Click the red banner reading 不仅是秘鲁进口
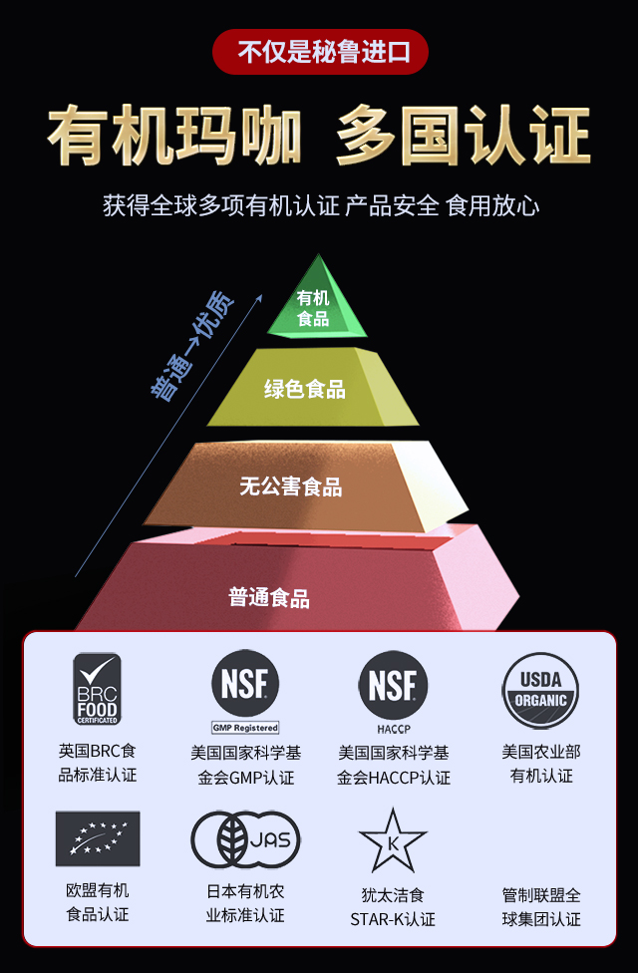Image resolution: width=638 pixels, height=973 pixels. (320, 52)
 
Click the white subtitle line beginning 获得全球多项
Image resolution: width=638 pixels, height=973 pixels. (320, 206)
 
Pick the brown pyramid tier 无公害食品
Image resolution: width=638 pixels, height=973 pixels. (291, 486)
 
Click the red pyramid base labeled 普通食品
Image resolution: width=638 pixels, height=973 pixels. (269, 596)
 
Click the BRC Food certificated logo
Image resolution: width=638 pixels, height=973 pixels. (97, 689)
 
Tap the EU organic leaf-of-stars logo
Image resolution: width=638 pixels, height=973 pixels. (97, 838)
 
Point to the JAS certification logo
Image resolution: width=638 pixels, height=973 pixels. (245, 839)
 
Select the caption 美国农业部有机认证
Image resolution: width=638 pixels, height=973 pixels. (541, 764)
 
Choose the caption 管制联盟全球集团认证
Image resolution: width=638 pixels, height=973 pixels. (541, 907)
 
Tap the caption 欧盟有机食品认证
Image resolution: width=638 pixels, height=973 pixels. (97, 902)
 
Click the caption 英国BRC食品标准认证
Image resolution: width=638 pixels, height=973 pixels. (97, 763)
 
